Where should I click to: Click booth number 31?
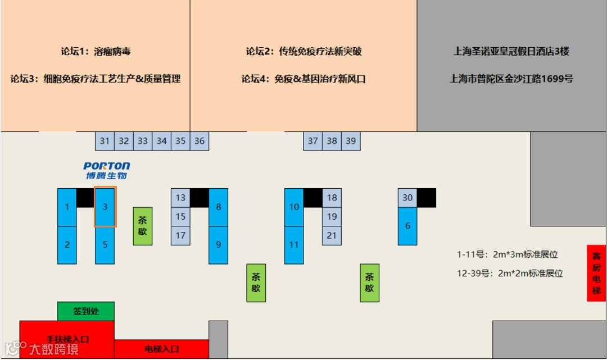[105, 141]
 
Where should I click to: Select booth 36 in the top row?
[200, 141]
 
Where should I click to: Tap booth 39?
[351, 141]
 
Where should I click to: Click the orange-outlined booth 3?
[105, 207]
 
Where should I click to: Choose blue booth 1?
[67, 207]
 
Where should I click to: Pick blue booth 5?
[105, 245]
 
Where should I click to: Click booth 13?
[180, 198]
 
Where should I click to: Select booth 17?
[180, 235]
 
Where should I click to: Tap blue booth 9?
[219, 245]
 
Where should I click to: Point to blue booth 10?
[294, 207]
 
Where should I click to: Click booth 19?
[332, 216]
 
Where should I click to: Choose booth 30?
[407, 198]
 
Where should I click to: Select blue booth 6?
[407, 226]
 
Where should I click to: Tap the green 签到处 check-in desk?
[86, 311]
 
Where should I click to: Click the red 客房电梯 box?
[596, 273]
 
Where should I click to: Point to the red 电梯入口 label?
[161, 349]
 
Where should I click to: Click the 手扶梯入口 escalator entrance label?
[67, 339]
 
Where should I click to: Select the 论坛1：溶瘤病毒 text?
[96, 52]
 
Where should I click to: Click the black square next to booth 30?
[427, 198]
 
